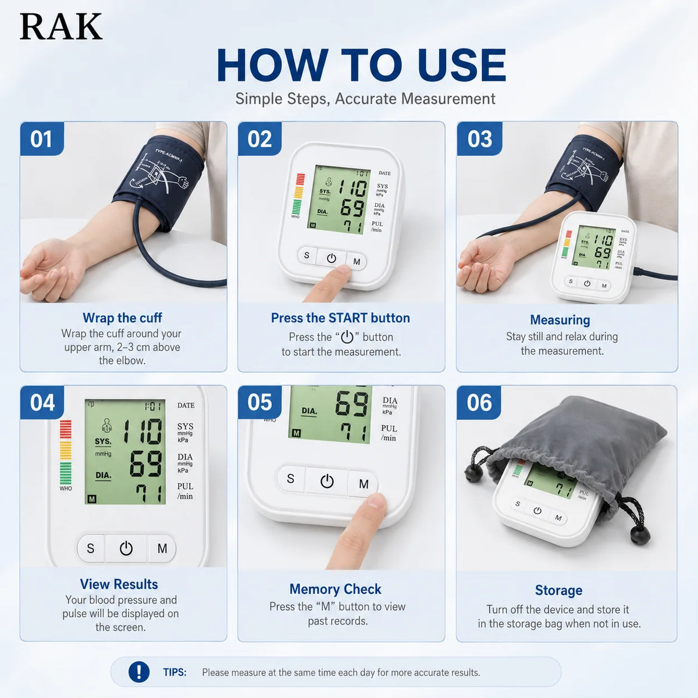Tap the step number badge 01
[x=42, y=139]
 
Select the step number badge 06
[x=479, y=403]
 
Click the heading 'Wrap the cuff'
[x=122, y=318]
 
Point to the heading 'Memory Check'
[x=335, y=589]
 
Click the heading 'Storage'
[x=558, y=590]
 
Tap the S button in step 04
[x=91, y=549]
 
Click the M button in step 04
[x=162, y=549]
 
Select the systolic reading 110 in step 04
[x=143, y=432]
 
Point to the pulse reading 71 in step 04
[x=150, y=493]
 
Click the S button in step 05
[x=290, y=479]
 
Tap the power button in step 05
[x=327, y=482]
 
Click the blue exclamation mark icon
[x=139, y=672]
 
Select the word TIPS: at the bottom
[x=174, y=672]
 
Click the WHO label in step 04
[x=66, y=488]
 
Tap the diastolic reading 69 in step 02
[x=352, y=208]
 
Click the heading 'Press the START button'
[x=340, y=318]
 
